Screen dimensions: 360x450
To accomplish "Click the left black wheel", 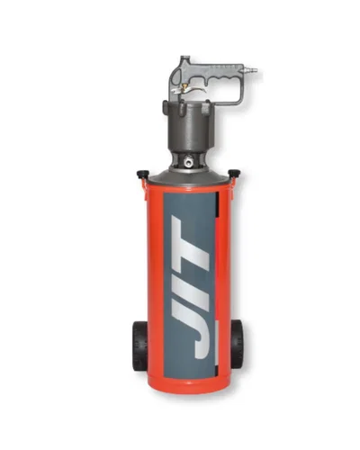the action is pyautogui.click(x=139, y=346).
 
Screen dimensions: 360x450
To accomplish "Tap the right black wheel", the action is pyautogui.click(x=237, y=344).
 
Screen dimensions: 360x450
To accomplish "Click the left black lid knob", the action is pyautogui.click(x=142, y=174).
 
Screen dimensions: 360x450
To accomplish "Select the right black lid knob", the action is pyautogui.click(x=234, y=173).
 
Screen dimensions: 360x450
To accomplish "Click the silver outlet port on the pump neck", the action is pyautogui.click(x=189, y=163).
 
